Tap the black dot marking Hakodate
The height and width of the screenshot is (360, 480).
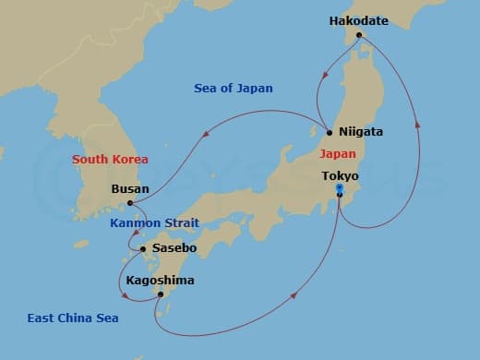(361, 36)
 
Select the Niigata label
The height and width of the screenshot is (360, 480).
(361, 132)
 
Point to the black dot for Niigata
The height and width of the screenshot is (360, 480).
(330, 132)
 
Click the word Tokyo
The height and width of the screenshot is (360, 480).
(340, 175)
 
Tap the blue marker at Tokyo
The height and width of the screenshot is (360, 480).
(340, 188)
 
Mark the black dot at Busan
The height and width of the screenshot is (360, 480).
(130, 203)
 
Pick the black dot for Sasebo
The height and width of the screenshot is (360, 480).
(142, 248)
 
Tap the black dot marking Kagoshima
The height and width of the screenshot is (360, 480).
(161, 294)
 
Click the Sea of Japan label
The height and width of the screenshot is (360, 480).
(234, 89)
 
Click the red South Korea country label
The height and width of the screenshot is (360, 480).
(110, 159)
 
